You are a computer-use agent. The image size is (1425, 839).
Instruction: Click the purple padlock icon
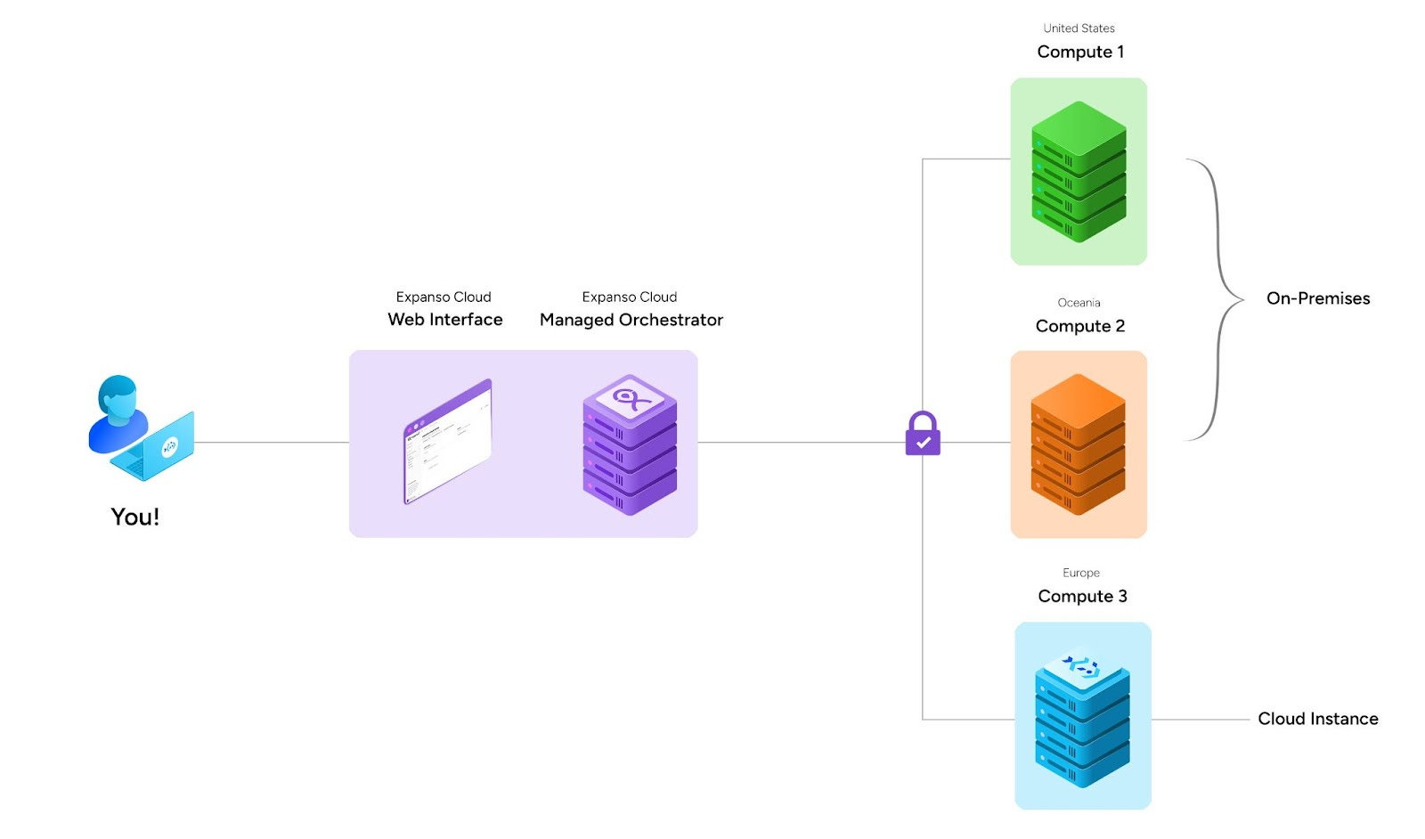click(923, 434)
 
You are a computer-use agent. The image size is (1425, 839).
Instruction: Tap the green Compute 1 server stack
click(1079, 172)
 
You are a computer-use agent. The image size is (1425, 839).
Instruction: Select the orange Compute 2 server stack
click(1079, 444)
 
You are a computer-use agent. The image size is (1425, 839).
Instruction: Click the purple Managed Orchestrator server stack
click(630, 444)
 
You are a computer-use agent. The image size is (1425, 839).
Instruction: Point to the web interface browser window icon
click(448, 442)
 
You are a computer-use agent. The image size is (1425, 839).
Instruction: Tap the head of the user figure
click(118, 399)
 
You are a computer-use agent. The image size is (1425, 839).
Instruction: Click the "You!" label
click(134, 517)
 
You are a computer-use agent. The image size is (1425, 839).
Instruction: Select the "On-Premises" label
click(1317, 298)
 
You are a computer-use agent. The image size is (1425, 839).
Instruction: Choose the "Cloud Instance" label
click(1317, 719)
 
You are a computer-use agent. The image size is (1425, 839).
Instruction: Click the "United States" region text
click(1079, 28)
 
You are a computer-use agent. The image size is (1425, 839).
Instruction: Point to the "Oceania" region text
click(1079, 303)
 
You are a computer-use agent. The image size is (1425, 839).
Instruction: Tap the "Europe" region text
click(1081, 573)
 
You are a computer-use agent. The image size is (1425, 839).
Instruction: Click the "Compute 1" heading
click(1080, 52)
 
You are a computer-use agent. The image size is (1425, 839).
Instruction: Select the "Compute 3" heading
click(1082, 596)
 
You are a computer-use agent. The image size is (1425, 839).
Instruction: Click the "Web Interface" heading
click(445, 320)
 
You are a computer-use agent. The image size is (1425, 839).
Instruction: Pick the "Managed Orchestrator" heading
click(631, 320)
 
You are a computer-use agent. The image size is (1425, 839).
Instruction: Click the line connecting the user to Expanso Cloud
click(272, 442)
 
